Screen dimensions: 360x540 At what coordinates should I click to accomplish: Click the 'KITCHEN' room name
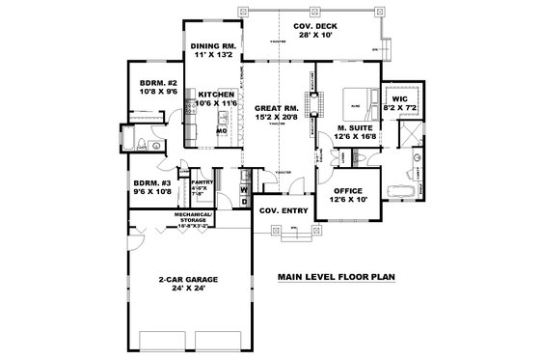(217, 95)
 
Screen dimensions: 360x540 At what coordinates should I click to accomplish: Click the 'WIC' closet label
(400, 98)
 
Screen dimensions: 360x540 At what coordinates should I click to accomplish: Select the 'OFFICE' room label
(347, 191)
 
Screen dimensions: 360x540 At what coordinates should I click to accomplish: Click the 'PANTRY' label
(202, 181)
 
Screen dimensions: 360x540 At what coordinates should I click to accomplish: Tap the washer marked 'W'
(244, 190)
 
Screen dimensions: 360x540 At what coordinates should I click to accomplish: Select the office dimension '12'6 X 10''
(347, 201)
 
